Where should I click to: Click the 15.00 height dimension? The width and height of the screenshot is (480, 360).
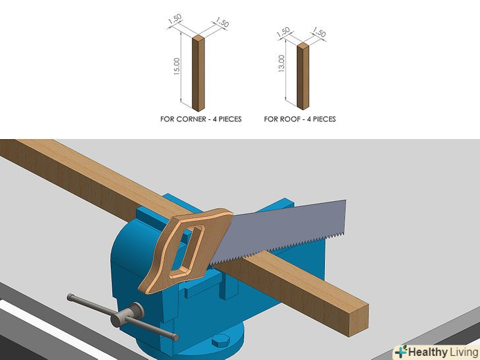pyautogui.click(x=177, y=67)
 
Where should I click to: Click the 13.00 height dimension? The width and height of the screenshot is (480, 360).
pyautogui.click(x=282, y=63)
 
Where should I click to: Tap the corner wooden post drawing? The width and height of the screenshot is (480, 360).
pyautogui.click(x=198, y=73)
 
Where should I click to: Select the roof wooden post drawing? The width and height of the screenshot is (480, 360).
pyautogui.click(x=303, y=76)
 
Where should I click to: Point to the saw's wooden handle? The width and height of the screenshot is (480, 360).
pyautogui.click(x=185, y=249)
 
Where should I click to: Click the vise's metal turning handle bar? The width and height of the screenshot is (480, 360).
pyautogui.click(x=123, y=317)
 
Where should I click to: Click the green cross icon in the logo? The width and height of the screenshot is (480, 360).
pyautogui.click(x=401, y=351)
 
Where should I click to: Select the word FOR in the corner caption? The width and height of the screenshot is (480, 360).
pyautogui.click(x=167, y=119)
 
